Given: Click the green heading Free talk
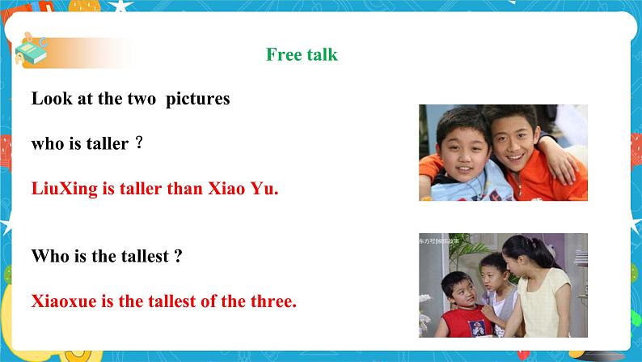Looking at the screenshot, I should click(302, 55).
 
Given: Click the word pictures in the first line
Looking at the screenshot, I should click(198, 99).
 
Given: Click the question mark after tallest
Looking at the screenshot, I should click(177, 257).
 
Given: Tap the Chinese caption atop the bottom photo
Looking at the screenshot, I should click(444, 241).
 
